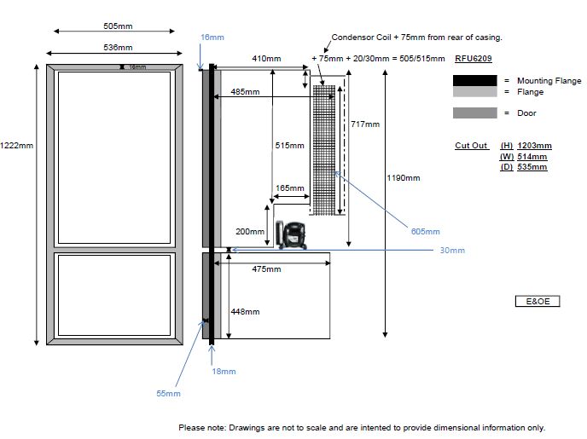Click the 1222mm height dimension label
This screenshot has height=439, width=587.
[x=17, y=145]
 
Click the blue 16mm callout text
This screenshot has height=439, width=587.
[x=212, y=38]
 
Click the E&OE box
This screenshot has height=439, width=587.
[x=538, y=302]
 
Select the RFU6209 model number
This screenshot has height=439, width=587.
[x=473, y=59]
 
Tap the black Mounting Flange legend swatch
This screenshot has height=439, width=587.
[x=474, y=80]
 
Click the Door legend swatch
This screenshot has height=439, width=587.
[x=474, y=113]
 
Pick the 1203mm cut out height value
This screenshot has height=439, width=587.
[x=534, y=146]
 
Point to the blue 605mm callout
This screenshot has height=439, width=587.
[x=425, y=231]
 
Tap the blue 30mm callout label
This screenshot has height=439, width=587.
[x=452, y=250]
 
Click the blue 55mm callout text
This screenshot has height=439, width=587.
[x=169, y=393]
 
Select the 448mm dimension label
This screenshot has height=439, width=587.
[x=245, y=312]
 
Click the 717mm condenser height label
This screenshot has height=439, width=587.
[x=365, y=124]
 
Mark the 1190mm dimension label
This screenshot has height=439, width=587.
[x=404, y=178]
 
